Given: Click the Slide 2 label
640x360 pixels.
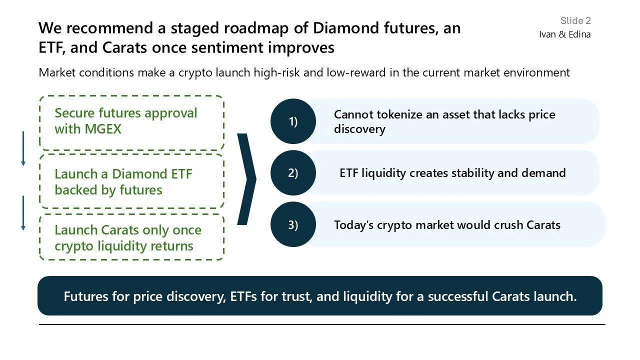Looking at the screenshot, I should click(x=575, y=20).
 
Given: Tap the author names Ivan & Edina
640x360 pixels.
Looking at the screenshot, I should click(x=564, y=34).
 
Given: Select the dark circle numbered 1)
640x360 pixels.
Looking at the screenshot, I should click(x=293, y=121).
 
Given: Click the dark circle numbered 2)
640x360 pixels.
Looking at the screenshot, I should click(x=293, y=173).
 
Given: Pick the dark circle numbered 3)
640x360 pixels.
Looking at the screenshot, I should click(x=293, y=224).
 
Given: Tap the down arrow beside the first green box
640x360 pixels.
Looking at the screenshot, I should click(x=23, y=148).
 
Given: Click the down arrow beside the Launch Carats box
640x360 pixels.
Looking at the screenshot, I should click(x=23, y=212).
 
